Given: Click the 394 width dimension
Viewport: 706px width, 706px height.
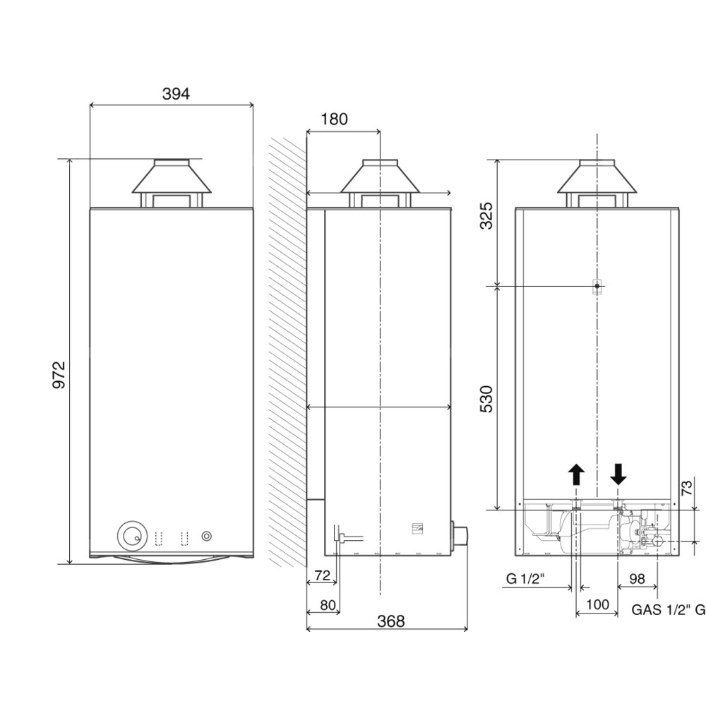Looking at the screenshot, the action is pyautogui.click(x=176, y=94).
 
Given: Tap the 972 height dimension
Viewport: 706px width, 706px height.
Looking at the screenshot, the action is pyautogui.click(x=59, y=374).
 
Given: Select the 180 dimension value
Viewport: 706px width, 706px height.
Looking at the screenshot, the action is pyautogui.click(x=334, y=119).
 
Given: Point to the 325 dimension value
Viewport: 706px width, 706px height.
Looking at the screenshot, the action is pyautogui.click(x=486, y=216).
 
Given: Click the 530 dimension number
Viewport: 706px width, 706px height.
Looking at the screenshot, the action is pyautogui.click(x=486, y=399).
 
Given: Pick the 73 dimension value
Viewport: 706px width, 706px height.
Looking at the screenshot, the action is pyautogui.click(x=687, y=488).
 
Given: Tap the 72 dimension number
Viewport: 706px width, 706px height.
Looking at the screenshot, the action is pyautogui.click(x=323, y=575).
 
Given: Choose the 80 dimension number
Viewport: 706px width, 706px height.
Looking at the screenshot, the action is pyautogui.click(x=328, y=605).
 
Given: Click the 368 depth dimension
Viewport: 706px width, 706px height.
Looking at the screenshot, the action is pyautogui.click(x=391, y=621).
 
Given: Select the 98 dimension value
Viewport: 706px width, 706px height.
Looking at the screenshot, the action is pyautogui.click(x=637, y=579).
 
